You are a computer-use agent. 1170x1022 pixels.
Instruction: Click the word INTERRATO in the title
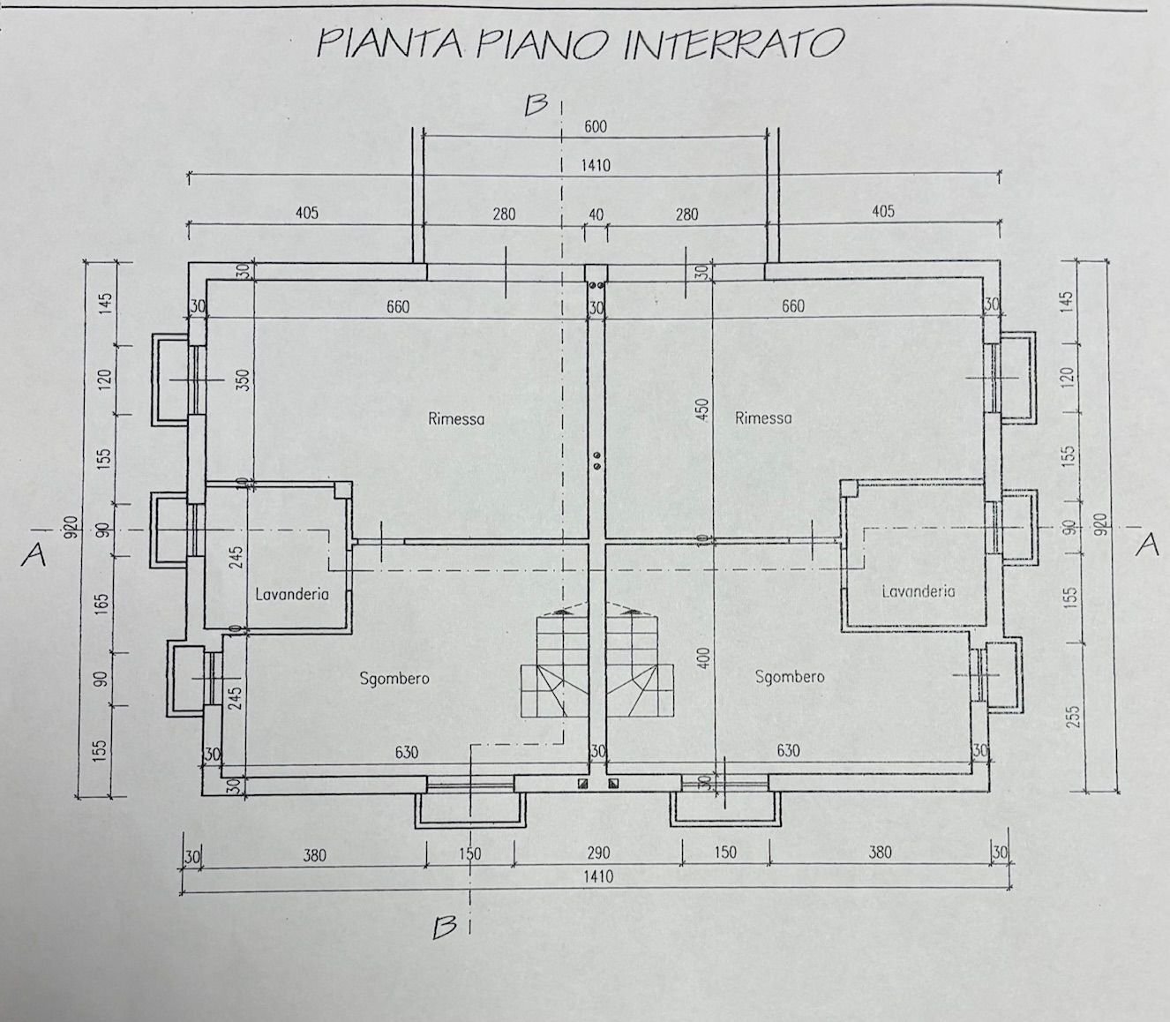pyautogui.click(x=733, y=43)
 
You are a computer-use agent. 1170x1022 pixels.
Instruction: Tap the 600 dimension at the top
pyautogui.click(x=596, y=127)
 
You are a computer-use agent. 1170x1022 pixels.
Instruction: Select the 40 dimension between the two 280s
pyautogui.click(x=596, y=214)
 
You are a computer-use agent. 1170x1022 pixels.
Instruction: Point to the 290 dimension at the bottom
pyautogui.click(x=597, y=853)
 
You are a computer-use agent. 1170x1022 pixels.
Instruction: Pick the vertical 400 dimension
pyautogui.click(x=702, y=657)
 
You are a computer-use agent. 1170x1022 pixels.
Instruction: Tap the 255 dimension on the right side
pyautogui.click(x=1073, y=715)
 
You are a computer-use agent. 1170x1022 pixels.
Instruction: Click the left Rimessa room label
pyautogui.click(x=456, y=418)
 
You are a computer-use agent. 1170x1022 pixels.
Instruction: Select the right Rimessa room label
pyautogui.click(x=763, y=418)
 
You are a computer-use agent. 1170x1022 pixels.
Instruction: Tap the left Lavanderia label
pyautogui.click(x=292, y=594)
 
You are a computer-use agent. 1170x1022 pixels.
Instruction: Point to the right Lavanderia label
pyautogui.click(x=918, y=591)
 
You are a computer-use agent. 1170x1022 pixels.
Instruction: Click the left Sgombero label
pyautogui.click(x=394, y=678)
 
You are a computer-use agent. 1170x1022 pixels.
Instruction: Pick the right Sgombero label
pyautogui.click(x=790, y=676)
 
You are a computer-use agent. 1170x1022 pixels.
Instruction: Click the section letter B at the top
pyautogui.click(x=536, y=106)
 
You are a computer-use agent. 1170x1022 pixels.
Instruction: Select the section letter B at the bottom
pyautogui.click(x=445, y=927)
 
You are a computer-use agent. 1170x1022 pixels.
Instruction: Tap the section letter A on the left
pyautogui.click(x=34, y=553)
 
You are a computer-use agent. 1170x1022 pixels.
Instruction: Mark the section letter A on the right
pyautogui.click(x=1147, y=545)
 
